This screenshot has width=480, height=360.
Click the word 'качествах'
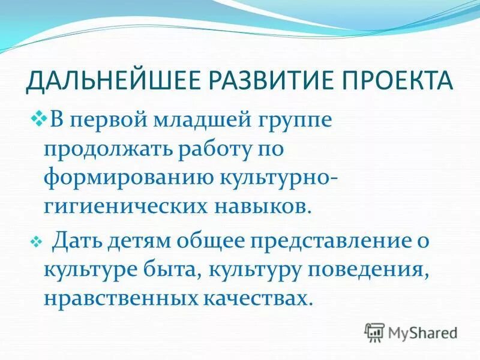coord(256,298)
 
